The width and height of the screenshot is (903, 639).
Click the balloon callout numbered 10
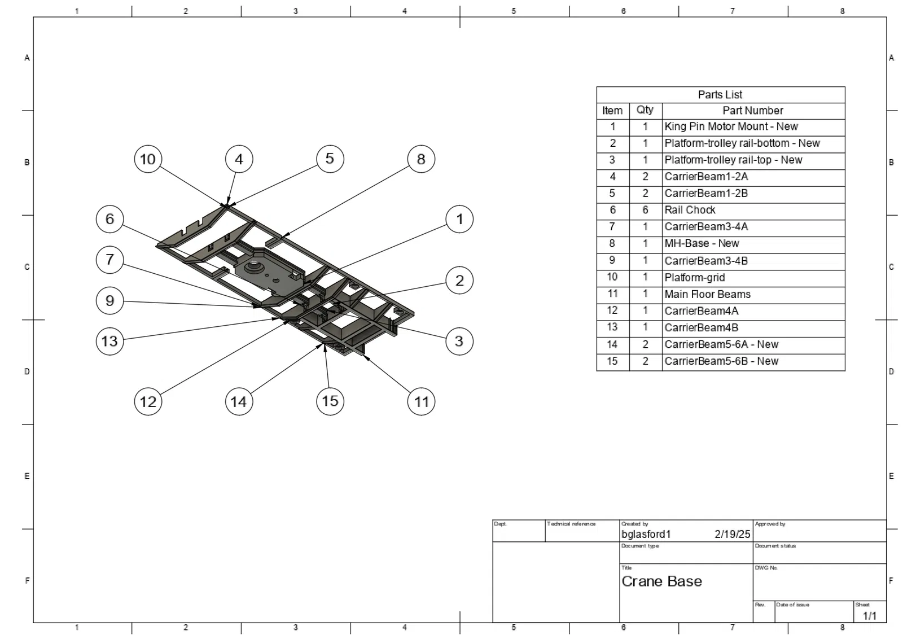(148, 159)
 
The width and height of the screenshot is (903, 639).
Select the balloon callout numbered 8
(421, 159)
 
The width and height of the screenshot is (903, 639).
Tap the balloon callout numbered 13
(109, 341)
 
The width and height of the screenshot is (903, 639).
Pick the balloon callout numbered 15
(330, 401)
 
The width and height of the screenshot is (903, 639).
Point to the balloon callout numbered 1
(459, 219)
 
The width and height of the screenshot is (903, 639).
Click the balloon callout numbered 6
(109, 219)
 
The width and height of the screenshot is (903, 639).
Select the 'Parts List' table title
(720, 95)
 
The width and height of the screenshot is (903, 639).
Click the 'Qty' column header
(645, 111)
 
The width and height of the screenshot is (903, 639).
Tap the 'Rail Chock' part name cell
(690, 210)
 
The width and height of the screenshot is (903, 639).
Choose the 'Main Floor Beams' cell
(707, 294)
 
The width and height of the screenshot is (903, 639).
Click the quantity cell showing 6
(645, 210)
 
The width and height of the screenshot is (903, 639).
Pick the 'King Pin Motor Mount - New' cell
(731, 126)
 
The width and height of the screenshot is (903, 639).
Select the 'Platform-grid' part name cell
(695, 277)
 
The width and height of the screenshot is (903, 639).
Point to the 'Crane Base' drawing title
(661, 581)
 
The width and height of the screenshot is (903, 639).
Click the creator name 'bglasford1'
(646, 534)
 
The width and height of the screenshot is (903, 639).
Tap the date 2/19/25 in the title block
(732, 534)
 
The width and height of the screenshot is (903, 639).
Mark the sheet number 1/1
(869, 616)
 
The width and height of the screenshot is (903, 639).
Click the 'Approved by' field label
(770, 524)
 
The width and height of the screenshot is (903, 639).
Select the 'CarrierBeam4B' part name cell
(701, 328)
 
